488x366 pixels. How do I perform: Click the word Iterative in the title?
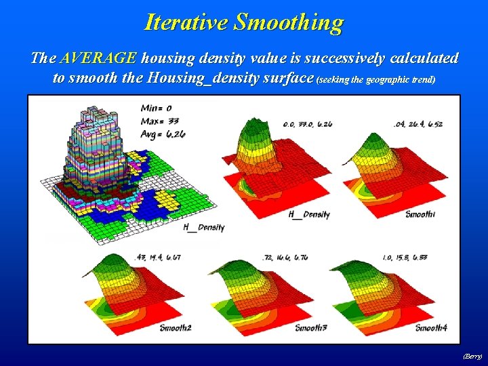tap(186, 22)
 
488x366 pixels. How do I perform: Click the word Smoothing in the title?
tap(289, 22)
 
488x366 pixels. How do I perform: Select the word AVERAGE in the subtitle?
tap(98, 58)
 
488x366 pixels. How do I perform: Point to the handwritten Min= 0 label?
tap(155, 107)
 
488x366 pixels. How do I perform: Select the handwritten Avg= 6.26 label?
tap(163, 134)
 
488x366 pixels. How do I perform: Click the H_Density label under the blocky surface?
tap(203, 228)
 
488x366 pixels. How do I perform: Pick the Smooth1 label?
tap(420, 214)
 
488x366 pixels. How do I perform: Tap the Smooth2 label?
tap(176, 328)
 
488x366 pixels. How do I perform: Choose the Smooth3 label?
tap(310, 328)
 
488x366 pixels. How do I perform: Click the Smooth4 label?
tap(431, 328)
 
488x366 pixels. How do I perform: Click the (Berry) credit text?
tap(472, 355)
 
